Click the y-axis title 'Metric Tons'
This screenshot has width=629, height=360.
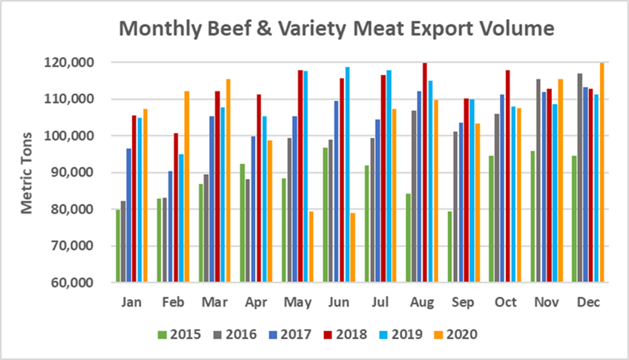point(27,173)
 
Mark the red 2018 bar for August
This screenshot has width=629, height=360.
point(424,173)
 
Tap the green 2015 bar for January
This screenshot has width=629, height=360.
point(118,246)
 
